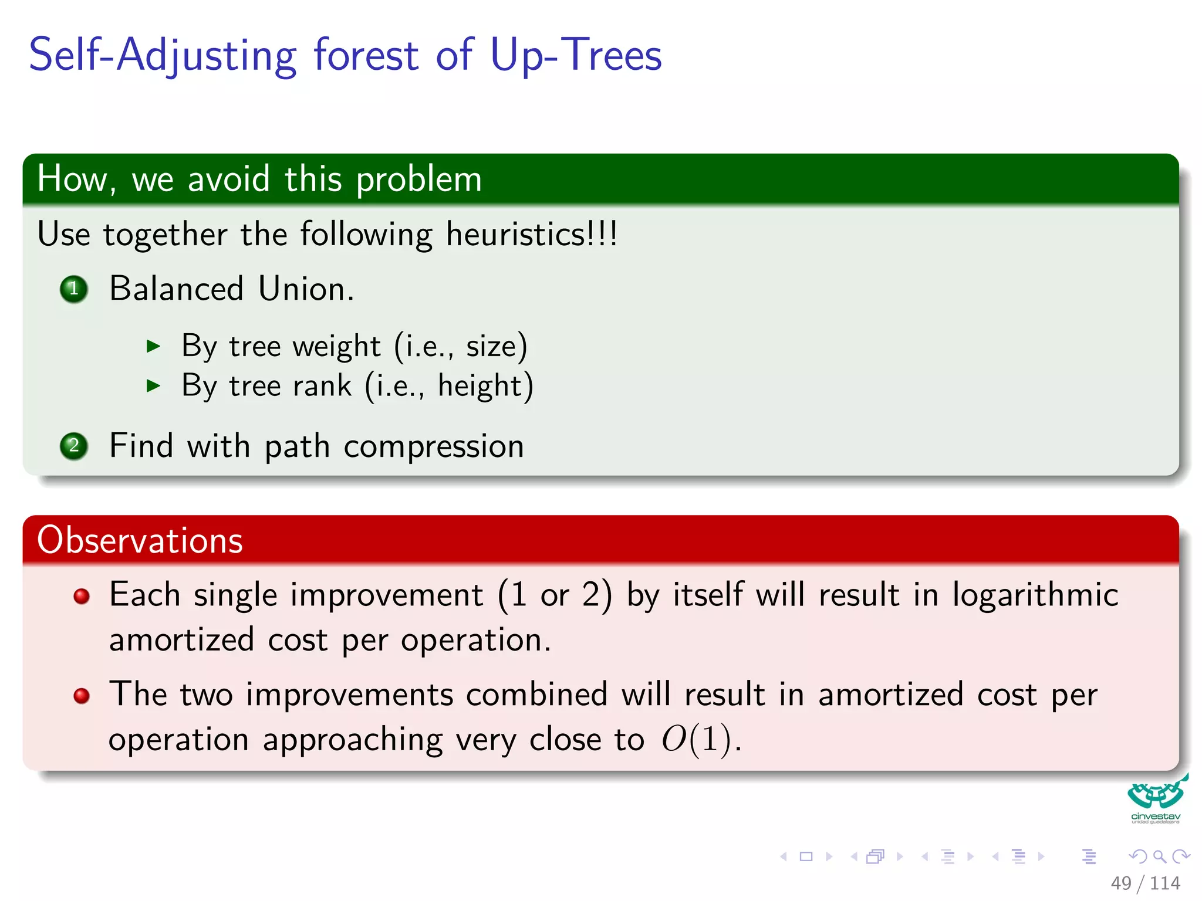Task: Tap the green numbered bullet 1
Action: click(x=74, y=289)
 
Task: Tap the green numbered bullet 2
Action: click(x=74, y=446)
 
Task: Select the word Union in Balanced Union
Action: click(x=305, y=289)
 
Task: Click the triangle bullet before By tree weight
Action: click(x=153, y=346)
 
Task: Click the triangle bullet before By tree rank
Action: click(x=153, y=385)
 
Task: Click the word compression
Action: click(x=434, y=447)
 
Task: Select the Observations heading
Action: click(x=140, y=540)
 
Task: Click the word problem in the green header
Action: click(x=418, y=179)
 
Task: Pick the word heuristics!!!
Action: click(x=531, y=235)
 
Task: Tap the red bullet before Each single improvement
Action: click(x=82, y=597)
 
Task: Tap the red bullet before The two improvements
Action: click(x=82, y=696)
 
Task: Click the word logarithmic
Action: click(x=1035, y=595)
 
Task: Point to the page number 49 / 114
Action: click(x=1144, y=883)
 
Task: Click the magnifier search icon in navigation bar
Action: click(x=1159, y=856)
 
